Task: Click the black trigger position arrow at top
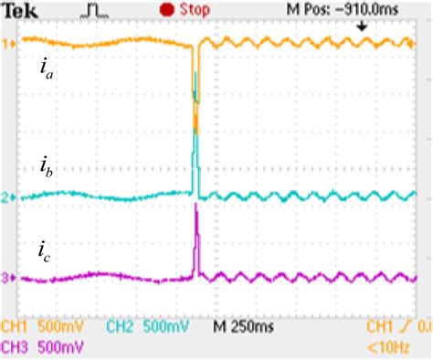point(363,26)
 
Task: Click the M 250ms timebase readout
point(246,326)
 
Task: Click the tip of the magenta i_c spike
point(196,205)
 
